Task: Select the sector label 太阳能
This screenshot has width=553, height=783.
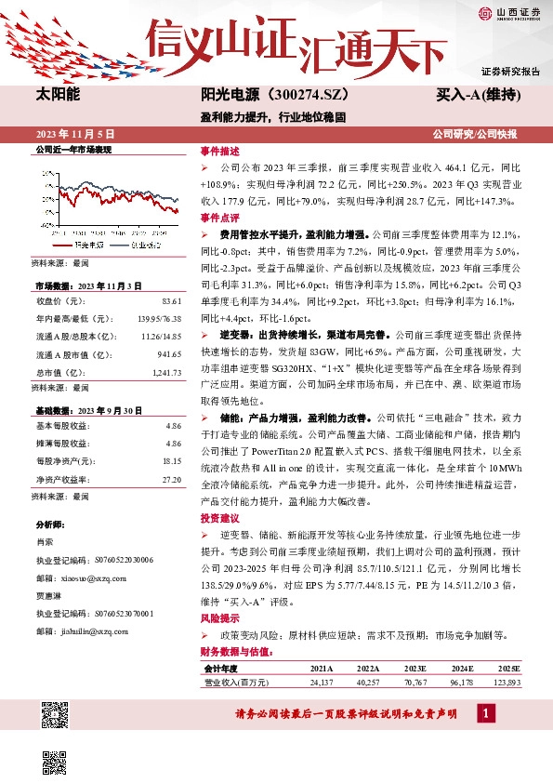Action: (57, 95)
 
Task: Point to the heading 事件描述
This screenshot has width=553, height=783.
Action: (219, 151)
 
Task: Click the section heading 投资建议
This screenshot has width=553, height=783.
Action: (219, 518)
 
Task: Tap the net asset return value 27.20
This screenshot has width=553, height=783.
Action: (171, 480)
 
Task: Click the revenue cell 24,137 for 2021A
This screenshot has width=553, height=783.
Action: (321, 683)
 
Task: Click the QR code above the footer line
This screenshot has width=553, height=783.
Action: (56, 714)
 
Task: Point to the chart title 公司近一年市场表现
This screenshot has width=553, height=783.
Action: (72, 149)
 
